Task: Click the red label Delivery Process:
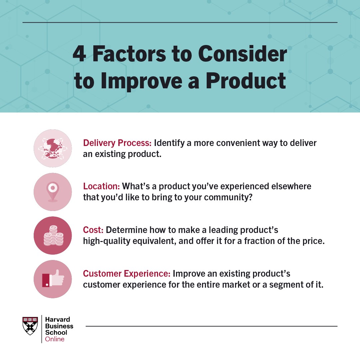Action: pos(117,143)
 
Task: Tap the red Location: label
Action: pos(101,186)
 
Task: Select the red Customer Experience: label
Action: pos(127,274)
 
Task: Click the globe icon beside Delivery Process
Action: pos(53,148)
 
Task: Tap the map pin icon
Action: pos(53,191)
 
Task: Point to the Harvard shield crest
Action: pos(30,326)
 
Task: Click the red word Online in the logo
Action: pos(55,339)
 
